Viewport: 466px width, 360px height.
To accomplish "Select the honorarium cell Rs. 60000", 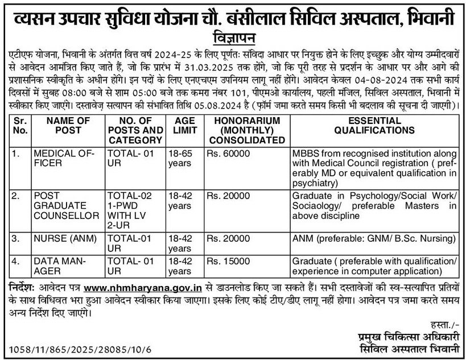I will click(x=228, y=155).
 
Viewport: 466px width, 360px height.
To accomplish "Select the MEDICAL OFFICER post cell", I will click(x=62, y=159).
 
